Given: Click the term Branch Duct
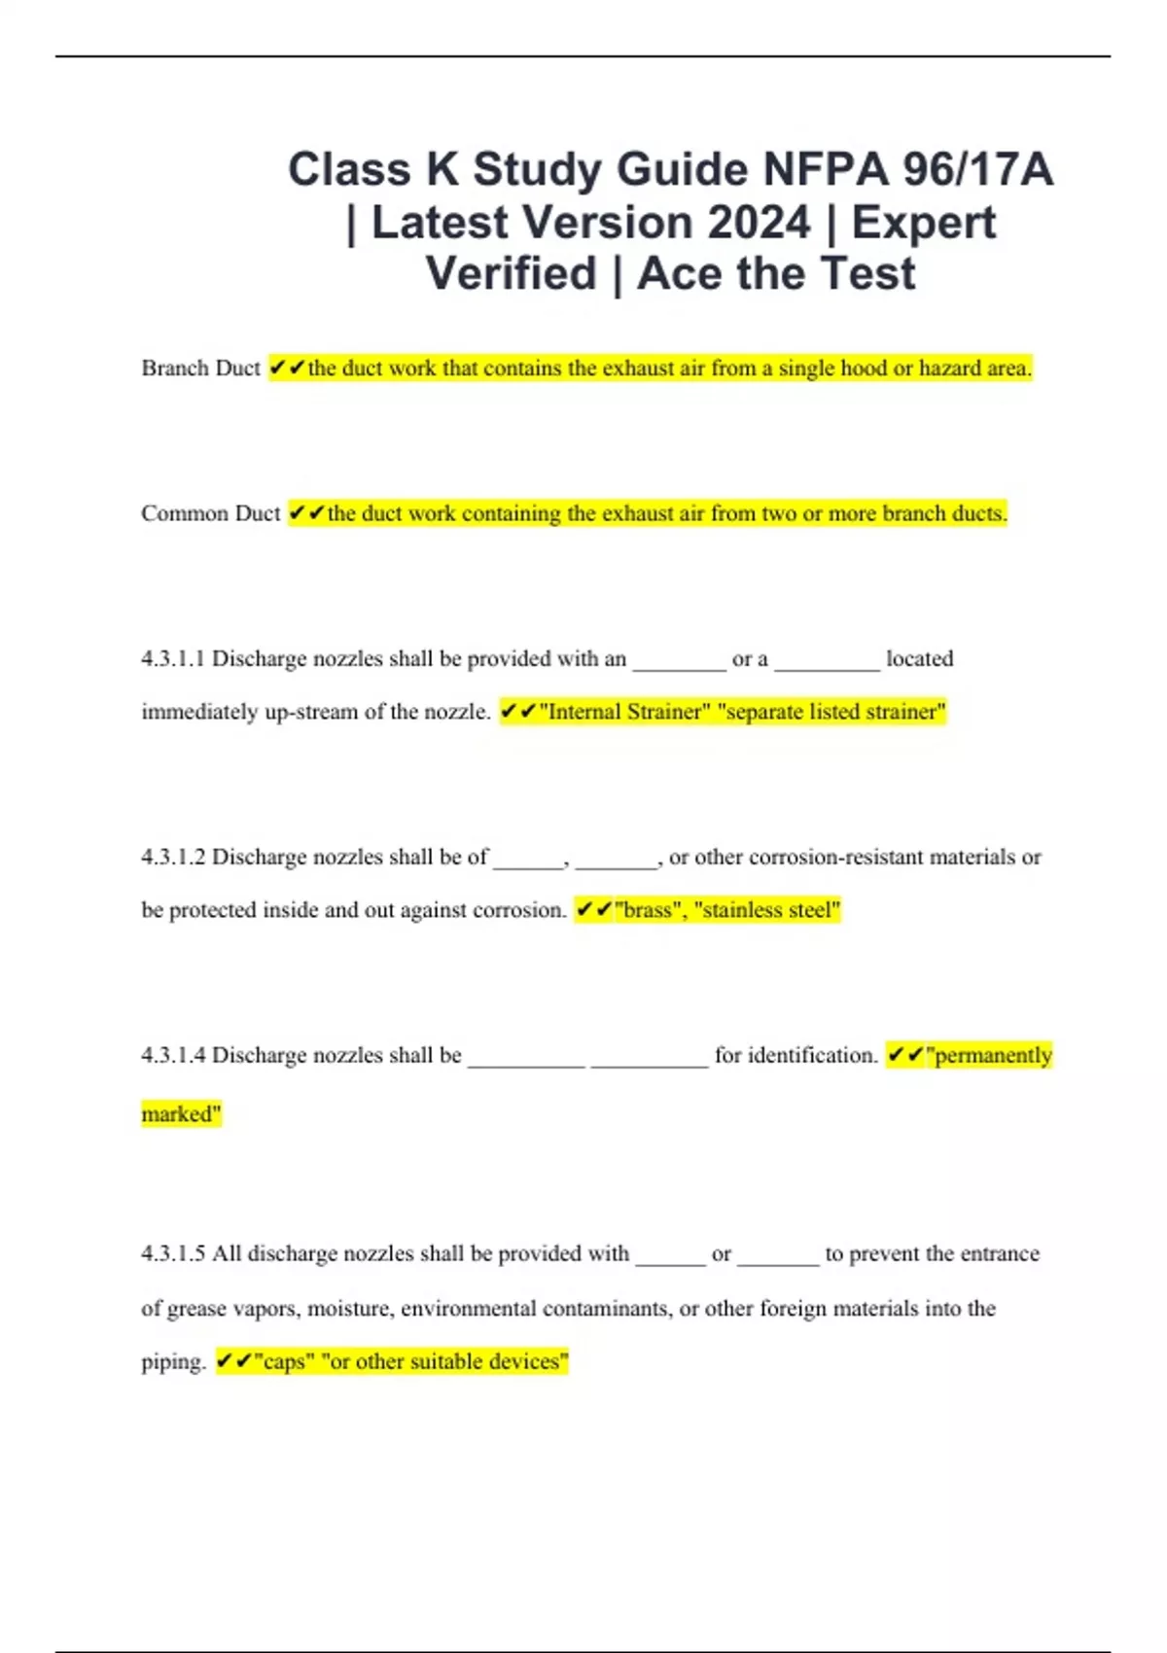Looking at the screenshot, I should pyautogui.click(x=200, y=369).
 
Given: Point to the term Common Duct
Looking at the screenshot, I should pyautogui.click(x=210, y=513).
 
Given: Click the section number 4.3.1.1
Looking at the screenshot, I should pyautogui.click(x=173, y=659).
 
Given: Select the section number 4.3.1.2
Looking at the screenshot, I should pyautogui.click(x=173, y=858).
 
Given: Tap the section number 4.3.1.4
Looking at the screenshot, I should pyautogui.click(x=173, y=1056).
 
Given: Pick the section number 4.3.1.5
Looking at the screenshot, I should pyautogui.click(x=173, y=1254).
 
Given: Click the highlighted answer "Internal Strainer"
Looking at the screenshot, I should pyautogui.click(x=624, y=713).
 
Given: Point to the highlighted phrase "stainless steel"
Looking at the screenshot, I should pyautogui.click(x=766, y=911).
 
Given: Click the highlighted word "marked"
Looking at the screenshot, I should pyautogui.click(x=181, y=1114).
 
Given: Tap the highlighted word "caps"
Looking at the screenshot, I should pyautogui.click(x=284, y=1362).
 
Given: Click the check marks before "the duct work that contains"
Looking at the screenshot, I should pyautogui.click(x=287, y=369).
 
